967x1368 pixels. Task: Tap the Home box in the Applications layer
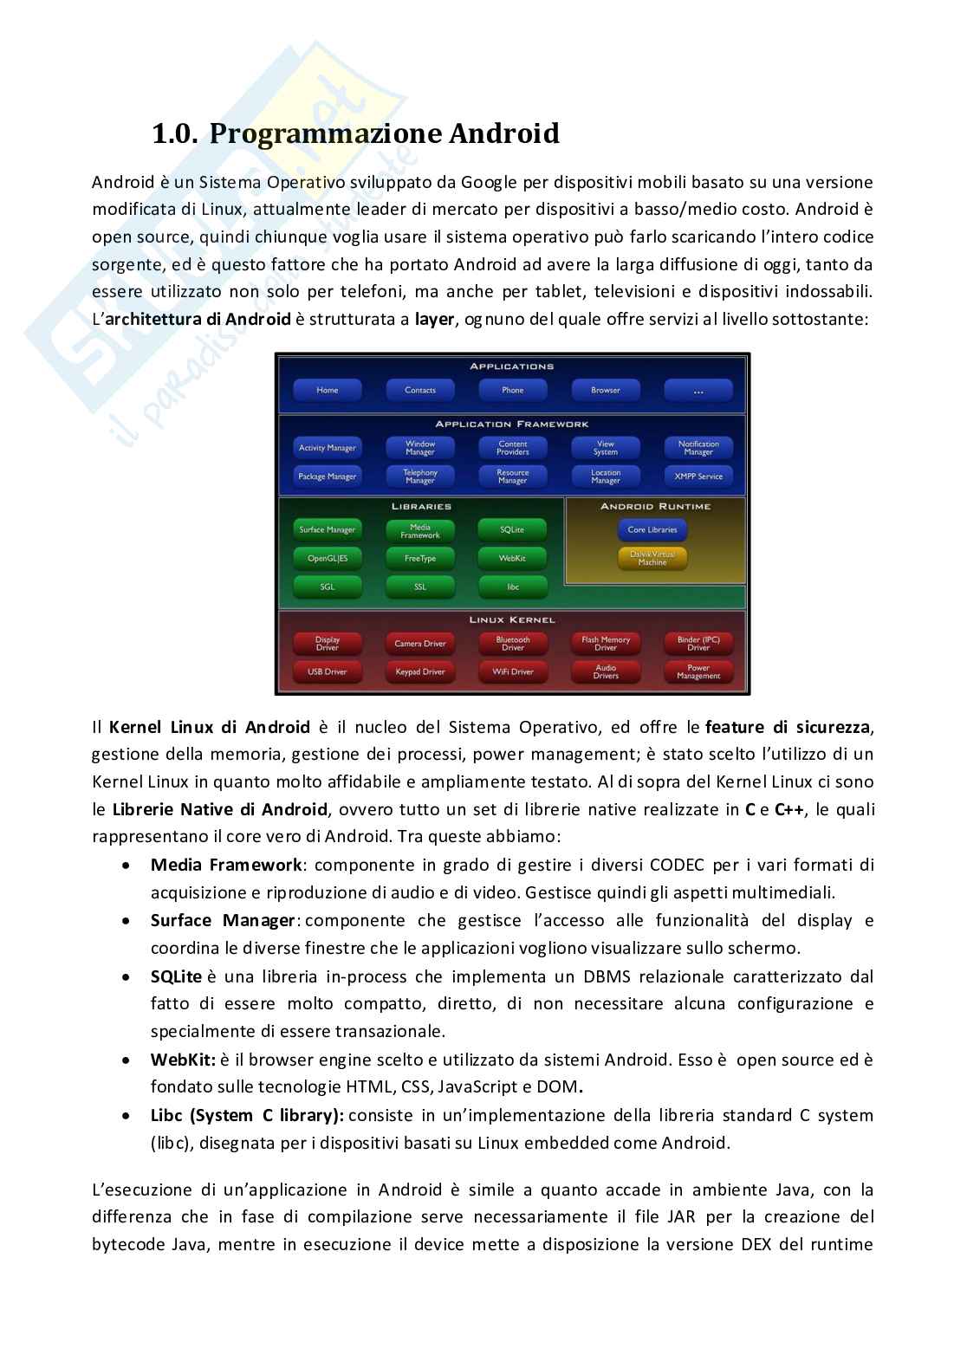[x=328, y=390]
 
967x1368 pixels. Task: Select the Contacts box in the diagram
[x=420, y=390]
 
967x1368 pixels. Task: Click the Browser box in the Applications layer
[x=606, y=390]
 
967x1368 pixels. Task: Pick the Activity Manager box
[x=328, y=448]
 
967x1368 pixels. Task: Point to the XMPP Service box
[x=698, y=477]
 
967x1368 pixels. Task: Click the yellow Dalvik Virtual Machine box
[x=652, y=558]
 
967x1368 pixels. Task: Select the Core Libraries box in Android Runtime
[x=652, y=529]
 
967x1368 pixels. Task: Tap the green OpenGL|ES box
[x=328, y=559]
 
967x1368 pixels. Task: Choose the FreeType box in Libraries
[x=420, y=559]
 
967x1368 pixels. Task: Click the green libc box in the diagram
[x=513, y=587]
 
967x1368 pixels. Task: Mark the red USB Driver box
[x=328, y=671]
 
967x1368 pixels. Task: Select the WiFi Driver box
[x=513, y=671]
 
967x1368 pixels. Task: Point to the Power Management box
[x=698, y=671]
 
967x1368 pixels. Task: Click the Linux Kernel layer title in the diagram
[x=512, y=620]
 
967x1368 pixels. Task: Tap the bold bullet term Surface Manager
[x=224, y=920]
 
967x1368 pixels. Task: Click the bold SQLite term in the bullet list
[x=176, y=976]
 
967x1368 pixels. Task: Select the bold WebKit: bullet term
[x=183, y=1060]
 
